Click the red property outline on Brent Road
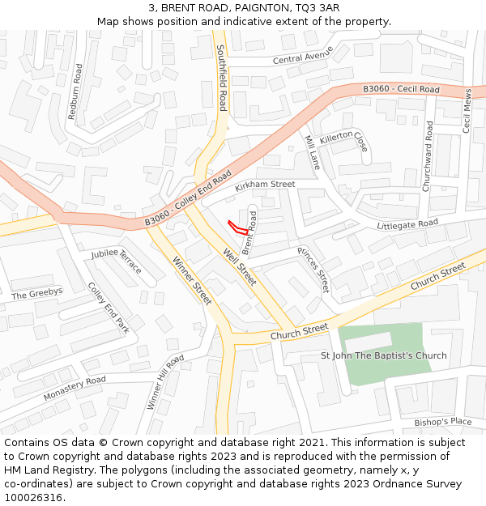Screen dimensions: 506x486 click(x=238, y=227)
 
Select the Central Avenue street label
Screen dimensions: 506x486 click(x=303, y=58)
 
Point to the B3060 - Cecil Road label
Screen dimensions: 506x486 click(x=401, y=89)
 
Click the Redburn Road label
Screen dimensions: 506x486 click(x=74, y=91)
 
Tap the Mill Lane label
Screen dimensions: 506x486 click(x=312, y=151)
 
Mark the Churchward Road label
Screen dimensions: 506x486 click(x=428, y=156)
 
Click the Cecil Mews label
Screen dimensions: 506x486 click(x=467, y=111)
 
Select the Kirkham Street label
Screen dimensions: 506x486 click(x=265, y=185)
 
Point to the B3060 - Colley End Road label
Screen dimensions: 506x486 click(x=188, y=198)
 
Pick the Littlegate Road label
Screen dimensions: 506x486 click(x=407, y=223)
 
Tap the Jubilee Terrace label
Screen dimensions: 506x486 click(x=117, y=262)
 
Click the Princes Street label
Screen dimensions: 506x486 click(x=313, y=270)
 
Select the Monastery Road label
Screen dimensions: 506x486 click(x=75, y=389)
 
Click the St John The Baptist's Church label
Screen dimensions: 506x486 click(x=384, y=355)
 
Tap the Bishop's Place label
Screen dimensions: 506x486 click(x=442, y=422)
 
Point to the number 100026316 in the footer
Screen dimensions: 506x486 click(x=35, y=497)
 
